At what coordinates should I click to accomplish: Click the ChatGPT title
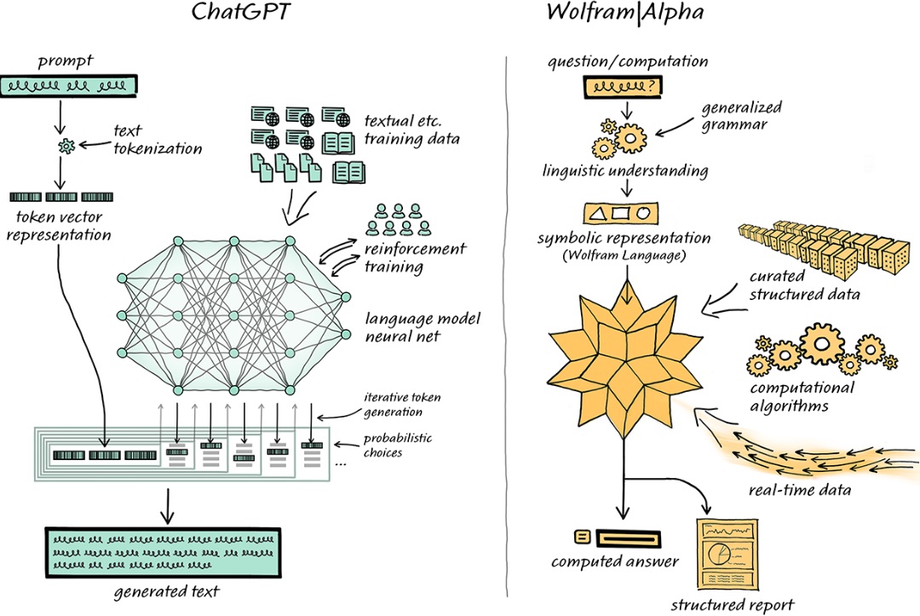(241, 12)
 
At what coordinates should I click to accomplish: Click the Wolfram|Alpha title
(625, 12)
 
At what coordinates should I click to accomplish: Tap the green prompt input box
(69, 86)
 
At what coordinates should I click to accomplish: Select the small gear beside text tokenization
(66, 146)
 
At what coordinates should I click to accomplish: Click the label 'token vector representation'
(59, 226)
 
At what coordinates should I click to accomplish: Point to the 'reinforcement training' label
(415, 257)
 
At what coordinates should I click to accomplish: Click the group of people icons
(399, 220)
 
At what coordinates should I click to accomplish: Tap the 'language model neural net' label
(423, 327)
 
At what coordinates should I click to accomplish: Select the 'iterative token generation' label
(402, 404)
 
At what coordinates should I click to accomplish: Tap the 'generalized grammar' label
(742, 116)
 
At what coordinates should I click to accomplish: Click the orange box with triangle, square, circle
(621, 213)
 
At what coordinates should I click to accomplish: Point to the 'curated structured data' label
(804, 285)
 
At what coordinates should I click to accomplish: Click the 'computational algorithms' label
(802, 396)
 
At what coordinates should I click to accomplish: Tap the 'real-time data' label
(800, 490)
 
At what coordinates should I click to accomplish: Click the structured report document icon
(727, 554)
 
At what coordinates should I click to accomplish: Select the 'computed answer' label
(614, 562)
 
